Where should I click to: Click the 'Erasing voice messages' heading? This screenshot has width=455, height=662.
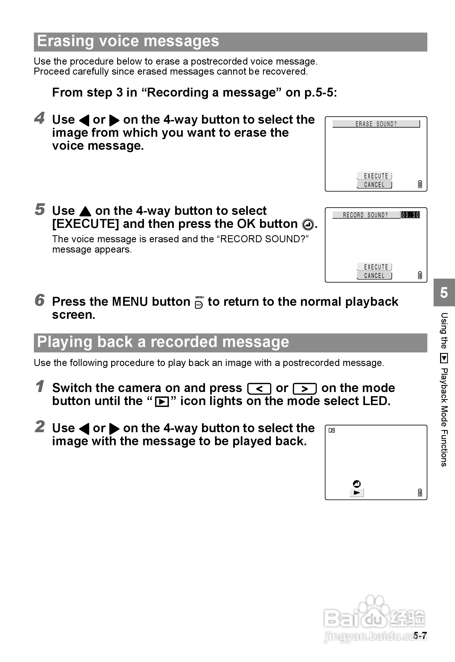[128, 41]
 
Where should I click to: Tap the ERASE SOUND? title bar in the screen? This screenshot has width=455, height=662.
[376, 124]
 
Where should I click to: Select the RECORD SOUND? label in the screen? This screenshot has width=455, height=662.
[365, 215]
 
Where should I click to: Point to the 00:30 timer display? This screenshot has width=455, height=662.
[410, 215]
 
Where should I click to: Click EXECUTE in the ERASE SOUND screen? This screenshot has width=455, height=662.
[375, 176]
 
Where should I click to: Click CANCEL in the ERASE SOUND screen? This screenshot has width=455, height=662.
[374, 184]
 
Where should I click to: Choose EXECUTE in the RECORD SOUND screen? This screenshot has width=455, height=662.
[375, 267]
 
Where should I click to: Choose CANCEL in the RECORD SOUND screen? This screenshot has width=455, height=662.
[374, 276]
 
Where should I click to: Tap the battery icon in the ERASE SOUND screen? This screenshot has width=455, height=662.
[420, 184]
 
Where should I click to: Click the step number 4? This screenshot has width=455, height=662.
[39, 118]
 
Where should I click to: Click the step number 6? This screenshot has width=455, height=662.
[39, 300]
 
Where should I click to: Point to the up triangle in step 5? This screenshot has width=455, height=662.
[85, 211]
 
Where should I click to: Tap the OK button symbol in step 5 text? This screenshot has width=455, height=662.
[308, 224]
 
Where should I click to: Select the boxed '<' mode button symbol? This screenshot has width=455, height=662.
[259, 389]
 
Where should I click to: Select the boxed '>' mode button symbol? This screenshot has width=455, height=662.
[305, 389]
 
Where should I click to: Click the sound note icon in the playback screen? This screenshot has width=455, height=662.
[332, 430]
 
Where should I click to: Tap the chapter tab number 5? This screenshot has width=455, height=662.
[444, 293]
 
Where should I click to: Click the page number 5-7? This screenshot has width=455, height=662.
[420, 635]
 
